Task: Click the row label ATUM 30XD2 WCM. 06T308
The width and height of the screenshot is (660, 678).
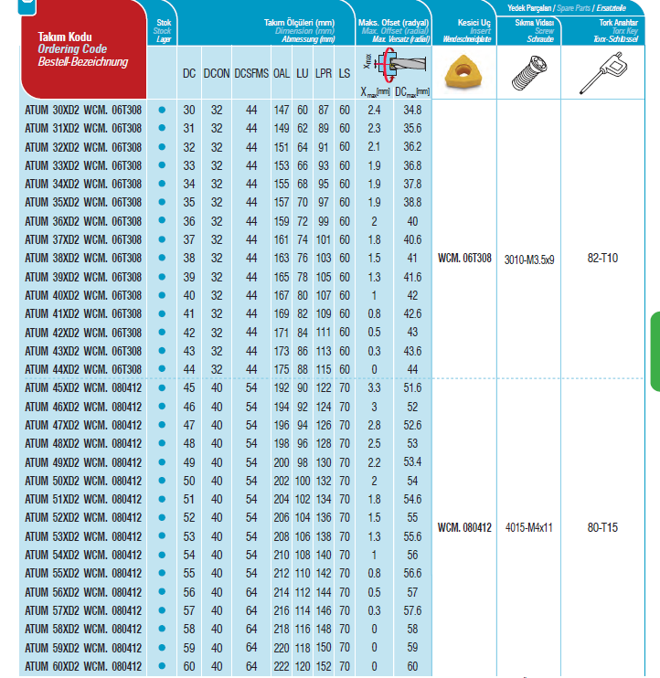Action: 83,110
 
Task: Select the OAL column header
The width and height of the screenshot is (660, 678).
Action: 282,73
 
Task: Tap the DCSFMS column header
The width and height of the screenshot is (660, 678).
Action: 250,73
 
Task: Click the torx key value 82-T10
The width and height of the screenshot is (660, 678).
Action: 602,259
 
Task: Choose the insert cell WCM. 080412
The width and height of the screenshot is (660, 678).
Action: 464,527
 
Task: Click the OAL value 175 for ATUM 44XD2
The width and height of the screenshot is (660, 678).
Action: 282,368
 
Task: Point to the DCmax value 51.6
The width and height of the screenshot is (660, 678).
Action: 412,388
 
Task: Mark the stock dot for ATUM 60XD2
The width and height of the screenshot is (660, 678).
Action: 163,665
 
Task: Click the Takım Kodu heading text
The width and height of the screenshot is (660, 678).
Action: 64,37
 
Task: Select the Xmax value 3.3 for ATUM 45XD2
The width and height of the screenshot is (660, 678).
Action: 374,388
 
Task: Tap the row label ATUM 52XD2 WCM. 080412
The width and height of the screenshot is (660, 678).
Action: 83,517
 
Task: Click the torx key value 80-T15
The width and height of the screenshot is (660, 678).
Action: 602,527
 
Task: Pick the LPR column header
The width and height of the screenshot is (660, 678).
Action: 323,73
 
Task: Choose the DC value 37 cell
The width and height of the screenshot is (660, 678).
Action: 189,239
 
